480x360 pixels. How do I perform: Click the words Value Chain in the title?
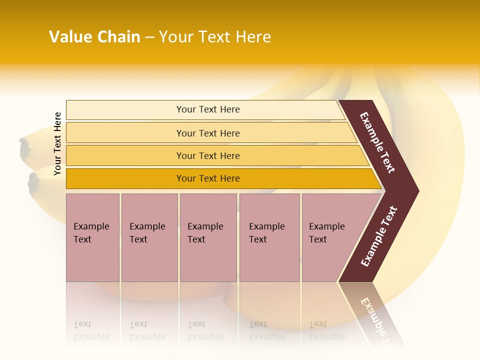94,37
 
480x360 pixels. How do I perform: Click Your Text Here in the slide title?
215,37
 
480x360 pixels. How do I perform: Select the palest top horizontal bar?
208,109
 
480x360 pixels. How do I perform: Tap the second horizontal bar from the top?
208,133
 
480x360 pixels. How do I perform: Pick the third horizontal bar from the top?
208,155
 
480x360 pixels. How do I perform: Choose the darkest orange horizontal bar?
208,178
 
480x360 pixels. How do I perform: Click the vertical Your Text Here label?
57,143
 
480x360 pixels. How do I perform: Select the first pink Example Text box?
92,237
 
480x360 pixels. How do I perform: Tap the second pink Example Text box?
149,237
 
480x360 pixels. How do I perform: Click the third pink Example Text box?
208,237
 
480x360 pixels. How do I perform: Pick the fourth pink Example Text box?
269,237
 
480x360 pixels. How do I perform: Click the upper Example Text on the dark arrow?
377,142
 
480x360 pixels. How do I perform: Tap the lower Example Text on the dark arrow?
379,236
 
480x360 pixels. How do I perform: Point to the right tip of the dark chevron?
417,191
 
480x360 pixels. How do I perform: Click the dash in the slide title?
149,37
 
